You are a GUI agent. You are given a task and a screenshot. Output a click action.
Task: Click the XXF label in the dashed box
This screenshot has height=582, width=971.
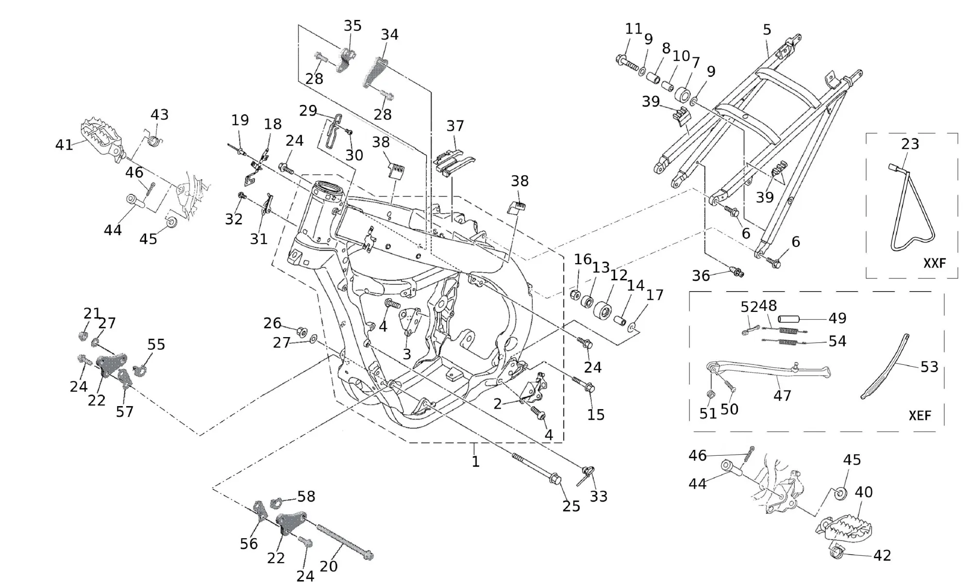click(x=934, y=263)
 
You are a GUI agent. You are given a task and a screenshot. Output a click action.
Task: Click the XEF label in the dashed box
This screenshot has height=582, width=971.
click(x=920, y=416)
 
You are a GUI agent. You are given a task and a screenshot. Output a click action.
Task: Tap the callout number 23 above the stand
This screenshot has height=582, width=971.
click(x=910, y=144)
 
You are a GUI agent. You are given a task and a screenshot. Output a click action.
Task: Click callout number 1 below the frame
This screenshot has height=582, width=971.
click(x=475, y=462)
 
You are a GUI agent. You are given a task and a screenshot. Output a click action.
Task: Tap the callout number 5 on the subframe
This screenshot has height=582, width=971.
click(x=767, y=30)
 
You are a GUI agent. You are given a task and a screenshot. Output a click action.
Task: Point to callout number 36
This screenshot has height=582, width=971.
click(x=701, y=276)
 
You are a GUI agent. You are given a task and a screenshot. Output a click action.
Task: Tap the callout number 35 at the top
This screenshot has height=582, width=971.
click(x=352, y=26)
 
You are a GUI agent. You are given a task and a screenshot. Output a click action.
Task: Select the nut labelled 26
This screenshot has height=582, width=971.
click(x=301, y=332)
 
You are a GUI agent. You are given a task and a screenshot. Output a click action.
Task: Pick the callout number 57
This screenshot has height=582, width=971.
click(x=124, y=411)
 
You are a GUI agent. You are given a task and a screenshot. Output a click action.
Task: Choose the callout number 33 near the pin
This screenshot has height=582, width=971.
click(x=598, y=496)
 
